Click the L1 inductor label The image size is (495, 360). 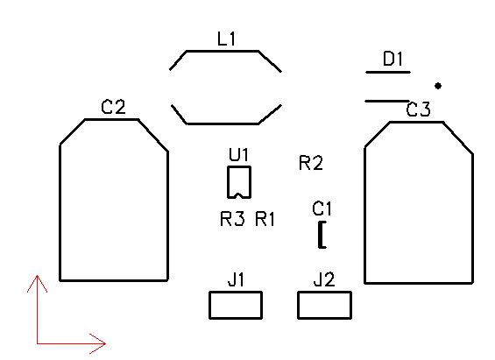click(226, 39)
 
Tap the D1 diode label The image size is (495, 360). click(392, 59)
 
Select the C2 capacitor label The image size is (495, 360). click(113, 107)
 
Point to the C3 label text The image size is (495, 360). click(418, 109)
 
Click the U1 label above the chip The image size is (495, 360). click(238, 155)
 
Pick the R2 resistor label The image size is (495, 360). click(311, 163)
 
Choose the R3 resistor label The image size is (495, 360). click(232, 219)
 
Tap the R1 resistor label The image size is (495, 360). click(265, 219)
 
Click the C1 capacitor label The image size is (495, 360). click(322, 208)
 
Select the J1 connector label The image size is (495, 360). click(236, 279)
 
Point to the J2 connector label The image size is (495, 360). click(324, 279)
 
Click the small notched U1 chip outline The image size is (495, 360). click(228, 182)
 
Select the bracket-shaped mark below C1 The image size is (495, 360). click(320, 235)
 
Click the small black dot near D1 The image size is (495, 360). click(438, 86)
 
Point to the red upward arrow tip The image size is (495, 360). click(38, 276)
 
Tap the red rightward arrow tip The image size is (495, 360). click(105, 343)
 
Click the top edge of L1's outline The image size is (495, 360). click(223, 51)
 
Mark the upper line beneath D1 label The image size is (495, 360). click(388, 72)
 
